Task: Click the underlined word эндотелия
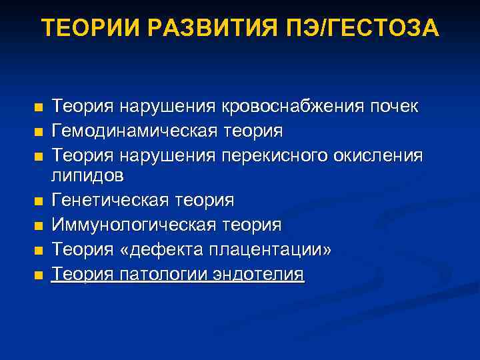(261, 274)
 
